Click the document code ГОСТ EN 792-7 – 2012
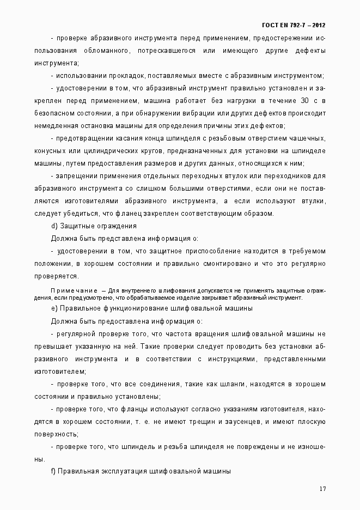(294, 25)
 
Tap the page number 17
(322, 488)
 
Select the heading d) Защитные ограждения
(94, 226)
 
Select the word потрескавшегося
(172, 51)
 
